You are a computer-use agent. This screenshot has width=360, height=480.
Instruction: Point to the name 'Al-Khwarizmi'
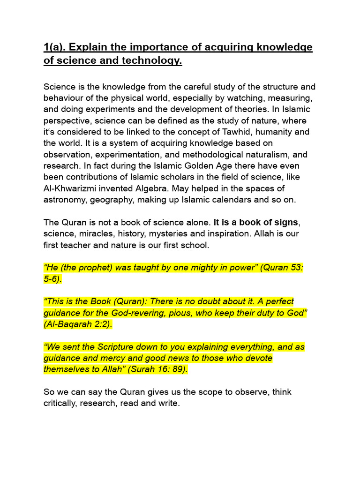pos(69,188)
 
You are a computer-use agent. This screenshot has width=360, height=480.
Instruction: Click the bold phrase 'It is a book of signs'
pos(256,222)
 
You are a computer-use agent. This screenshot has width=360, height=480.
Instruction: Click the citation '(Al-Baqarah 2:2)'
pos(78,324)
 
